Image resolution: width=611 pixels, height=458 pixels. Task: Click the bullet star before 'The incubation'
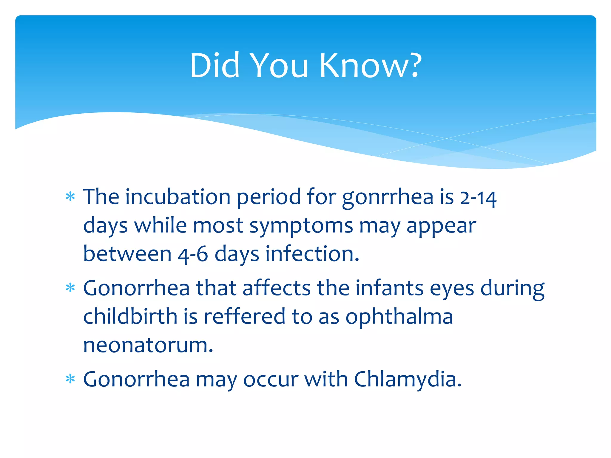pyautogui.click(x=70, y=197)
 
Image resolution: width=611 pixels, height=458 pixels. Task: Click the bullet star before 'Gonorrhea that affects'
pyautogui.click(x=70, y=288)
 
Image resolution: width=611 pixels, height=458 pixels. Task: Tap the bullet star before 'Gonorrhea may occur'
pyautogui.click(x=70, y=379)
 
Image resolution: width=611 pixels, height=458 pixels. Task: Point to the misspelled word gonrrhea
pyautogui.click(x=387, y=198)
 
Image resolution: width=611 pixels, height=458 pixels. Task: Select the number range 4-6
pyautogui.click(x=193, y=254)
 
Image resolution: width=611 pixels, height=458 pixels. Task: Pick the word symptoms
pyautogui.click(x=301, y=226)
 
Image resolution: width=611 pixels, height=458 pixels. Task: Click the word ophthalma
pyautogui.click(x=399, y=317)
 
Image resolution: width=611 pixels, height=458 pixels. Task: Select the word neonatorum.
pyautogui.click(x=148, y=345)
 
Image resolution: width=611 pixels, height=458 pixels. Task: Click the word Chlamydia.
pyautogui.click(x=408, y=379)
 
